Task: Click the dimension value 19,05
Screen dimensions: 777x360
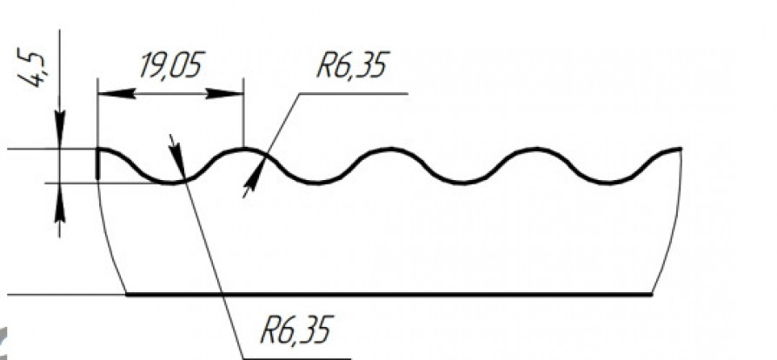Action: (171, 65)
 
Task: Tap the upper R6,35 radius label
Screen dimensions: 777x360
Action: (351, 65)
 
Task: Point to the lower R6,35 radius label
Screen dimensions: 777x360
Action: (296, 330)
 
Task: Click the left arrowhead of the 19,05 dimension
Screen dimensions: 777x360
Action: (116, 93)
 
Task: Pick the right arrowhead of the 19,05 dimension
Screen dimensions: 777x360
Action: (224, 93)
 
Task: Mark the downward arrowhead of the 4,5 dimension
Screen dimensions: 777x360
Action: (59, 130)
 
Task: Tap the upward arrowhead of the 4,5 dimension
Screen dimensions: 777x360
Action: (59, 202)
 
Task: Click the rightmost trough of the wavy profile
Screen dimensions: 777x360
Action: (608, 183)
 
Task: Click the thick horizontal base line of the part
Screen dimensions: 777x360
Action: (389, 295)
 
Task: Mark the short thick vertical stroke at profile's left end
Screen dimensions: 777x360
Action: (97, 164)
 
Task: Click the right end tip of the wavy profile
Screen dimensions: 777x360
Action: (681, 149)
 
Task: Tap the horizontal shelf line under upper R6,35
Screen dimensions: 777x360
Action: (354, 93)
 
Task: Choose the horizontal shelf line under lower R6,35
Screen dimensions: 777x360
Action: (297, 358)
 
